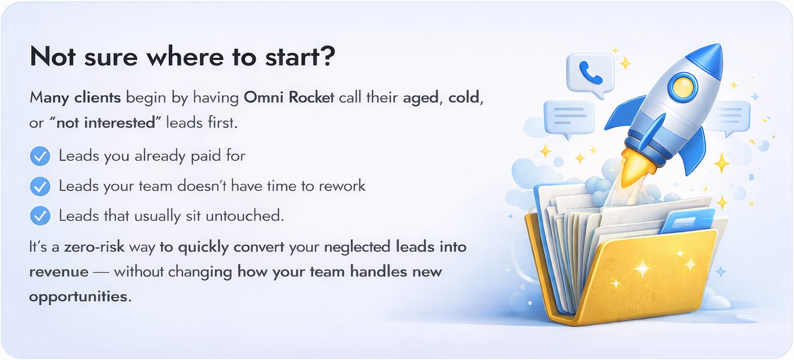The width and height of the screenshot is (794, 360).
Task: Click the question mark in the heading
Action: (x=328, y=56)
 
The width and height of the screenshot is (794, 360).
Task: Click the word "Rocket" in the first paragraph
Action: (x=311, y=97)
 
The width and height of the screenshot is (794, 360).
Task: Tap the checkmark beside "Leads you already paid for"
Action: (x=40, y=156)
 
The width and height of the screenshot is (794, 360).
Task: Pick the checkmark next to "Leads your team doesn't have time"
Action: (x=40, y=186)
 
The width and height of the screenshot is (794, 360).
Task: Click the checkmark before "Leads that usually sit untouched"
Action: (x=40, y=216)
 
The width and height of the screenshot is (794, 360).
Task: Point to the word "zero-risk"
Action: (x=94, y=247)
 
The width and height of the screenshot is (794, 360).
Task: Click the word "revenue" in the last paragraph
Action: (x=59, y=272)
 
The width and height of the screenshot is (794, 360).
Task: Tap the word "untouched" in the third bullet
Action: (x=244, y=216)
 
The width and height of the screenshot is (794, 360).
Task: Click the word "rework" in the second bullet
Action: (x=341, y=186)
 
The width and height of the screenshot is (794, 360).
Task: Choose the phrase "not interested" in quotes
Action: (x=106, y=123)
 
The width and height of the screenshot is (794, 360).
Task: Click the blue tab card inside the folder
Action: (x=687, y=221)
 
